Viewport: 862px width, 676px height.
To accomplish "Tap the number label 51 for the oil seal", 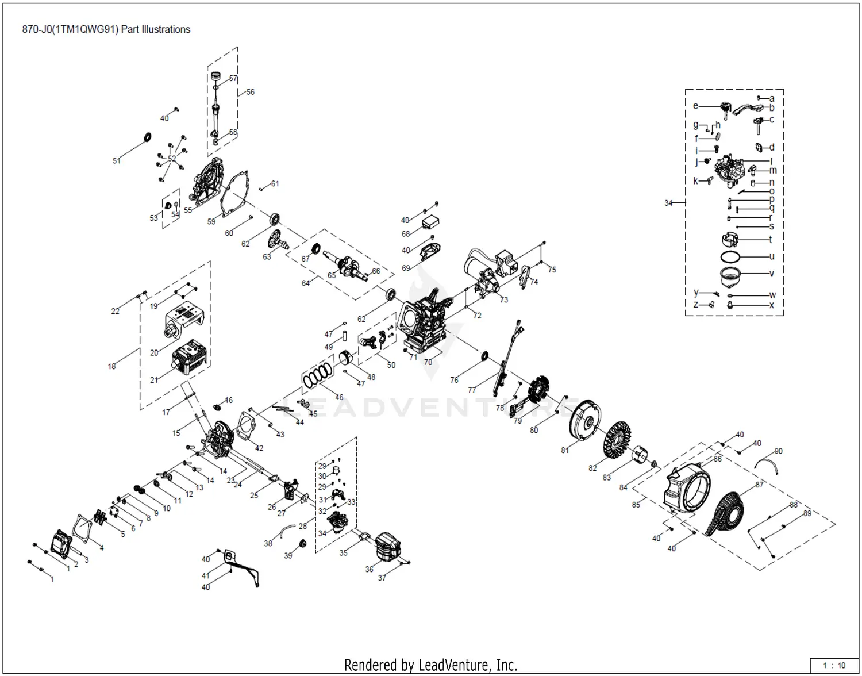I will (x=117, y=161).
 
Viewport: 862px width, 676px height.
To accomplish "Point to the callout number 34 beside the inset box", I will (x=668, y=203).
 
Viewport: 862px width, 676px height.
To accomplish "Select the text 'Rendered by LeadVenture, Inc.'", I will (x=430, y=665).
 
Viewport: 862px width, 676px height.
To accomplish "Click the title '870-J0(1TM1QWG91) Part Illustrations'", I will (x=106, y=29).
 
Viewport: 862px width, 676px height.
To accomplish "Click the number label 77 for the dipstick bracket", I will (x=472, y=390).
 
